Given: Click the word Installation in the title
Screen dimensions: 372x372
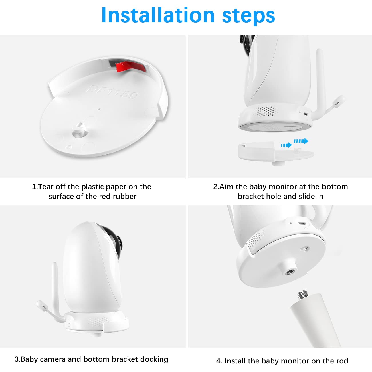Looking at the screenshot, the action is click(158, 15).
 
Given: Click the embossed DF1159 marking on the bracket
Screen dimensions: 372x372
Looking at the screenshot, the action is click(112, 92).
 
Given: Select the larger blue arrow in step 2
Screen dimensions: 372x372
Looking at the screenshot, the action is click(301, 141).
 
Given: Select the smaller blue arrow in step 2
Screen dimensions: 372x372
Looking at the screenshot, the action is click(286, 145).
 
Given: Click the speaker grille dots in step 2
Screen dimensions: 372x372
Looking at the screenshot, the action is click(266, 111).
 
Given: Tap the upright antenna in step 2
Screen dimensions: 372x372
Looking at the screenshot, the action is click(320, 83).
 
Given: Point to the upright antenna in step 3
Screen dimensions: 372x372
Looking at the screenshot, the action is click(56, 290).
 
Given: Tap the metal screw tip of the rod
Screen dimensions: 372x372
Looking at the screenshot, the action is click(302, 294).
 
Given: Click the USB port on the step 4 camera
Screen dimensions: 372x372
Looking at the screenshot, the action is click(302, 223).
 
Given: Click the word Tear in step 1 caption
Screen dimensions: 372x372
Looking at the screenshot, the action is click(45, 187).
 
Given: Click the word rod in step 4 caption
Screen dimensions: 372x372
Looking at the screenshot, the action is click(342, 361).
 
